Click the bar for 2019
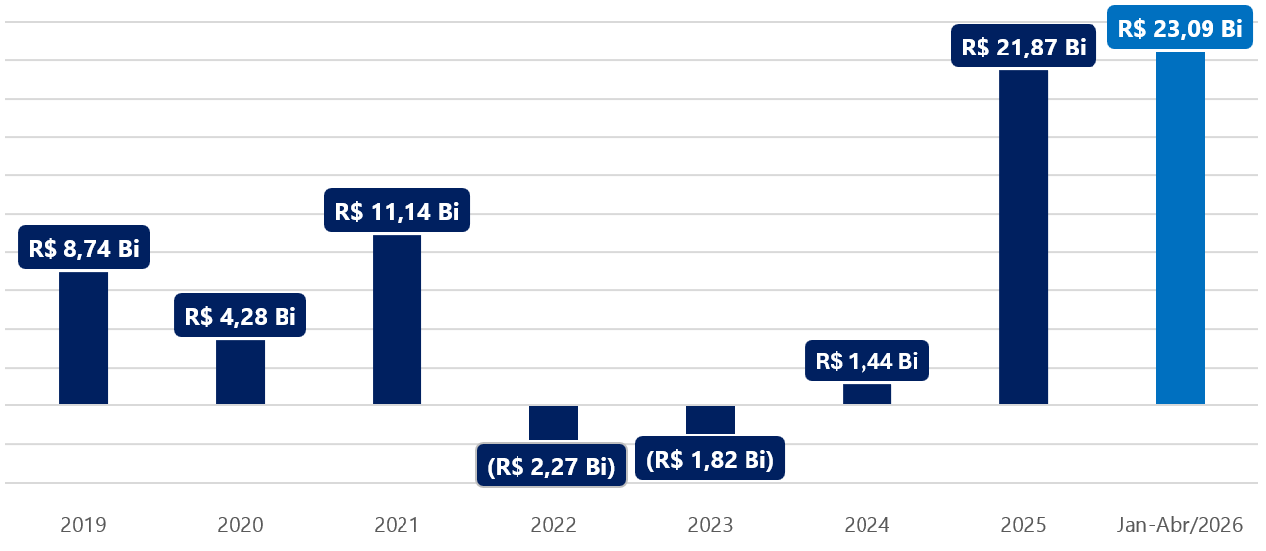pos(83,338)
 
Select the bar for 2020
pos(240,372)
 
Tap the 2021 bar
pos(397,320)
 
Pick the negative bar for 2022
pos(553,423)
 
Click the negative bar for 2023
pos(710,420)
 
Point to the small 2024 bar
pos(866,393)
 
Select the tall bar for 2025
pos(1023,238)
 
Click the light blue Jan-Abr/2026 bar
pos(1180,228)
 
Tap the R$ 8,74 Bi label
pos(83,247)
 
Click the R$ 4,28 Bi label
pos(240,315)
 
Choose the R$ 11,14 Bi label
pos(397,210)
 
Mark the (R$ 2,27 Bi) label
pos(551,465)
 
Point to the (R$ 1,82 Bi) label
pos(710,458)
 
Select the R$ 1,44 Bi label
pos(866,361)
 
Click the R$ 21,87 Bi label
pos(1023,46)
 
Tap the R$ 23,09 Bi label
pos(1180,27)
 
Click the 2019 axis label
pos(83,525)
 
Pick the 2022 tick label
pos(553,525)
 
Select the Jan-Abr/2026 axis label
pos(1180,525)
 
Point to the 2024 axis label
pos(866,525)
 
